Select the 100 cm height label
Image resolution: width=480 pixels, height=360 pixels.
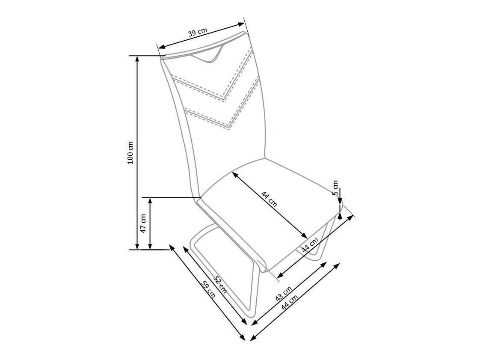pos(130,152)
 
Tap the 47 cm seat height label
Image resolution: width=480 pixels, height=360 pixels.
pos(143,223)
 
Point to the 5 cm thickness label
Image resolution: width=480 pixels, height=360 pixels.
pos(335,187)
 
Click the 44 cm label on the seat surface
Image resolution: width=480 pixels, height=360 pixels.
pos(269,200)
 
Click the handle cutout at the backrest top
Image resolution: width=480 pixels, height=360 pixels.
pos(210,56)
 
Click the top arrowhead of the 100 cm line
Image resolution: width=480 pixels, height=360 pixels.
pos(137,58)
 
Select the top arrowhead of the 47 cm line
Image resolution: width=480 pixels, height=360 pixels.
pos(150,200)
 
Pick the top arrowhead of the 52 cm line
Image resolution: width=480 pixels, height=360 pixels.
pos(184,248)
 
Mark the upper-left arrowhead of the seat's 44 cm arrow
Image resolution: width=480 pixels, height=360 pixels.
pos(234,174)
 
